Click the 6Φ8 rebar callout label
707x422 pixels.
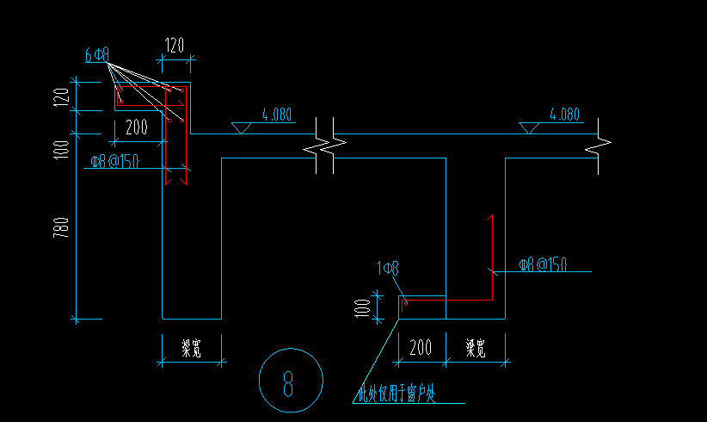tap(96, 55)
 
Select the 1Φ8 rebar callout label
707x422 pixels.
tap(388, 270)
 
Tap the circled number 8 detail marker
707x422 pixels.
tap(291, 380)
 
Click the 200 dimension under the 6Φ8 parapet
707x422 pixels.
tap(136, 127)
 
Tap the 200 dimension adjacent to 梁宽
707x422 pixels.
tap(421, 348)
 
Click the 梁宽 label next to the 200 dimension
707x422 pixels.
tap(476, 348)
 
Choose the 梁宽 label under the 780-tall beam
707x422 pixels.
tap(191, 348)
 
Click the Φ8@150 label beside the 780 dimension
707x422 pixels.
tap(114, 160)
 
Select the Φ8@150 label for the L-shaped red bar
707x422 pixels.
tap(543, 264)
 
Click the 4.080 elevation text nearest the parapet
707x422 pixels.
tap(277, 114)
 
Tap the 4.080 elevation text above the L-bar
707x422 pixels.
tap(564, 114)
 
